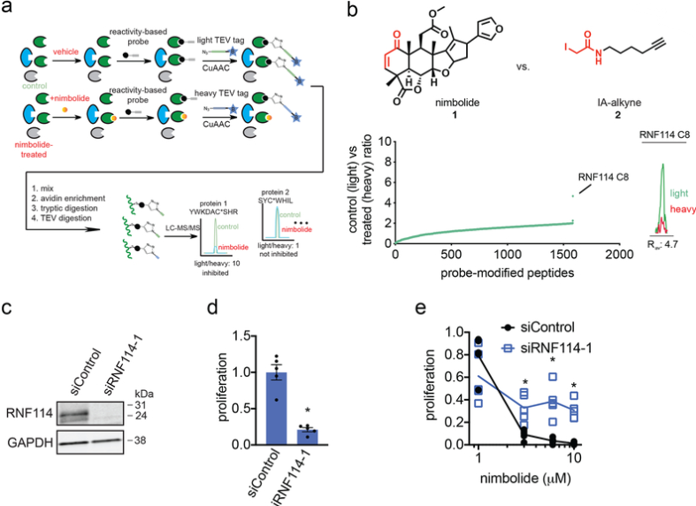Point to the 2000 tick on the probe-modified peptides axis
[x=620, y=254]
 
